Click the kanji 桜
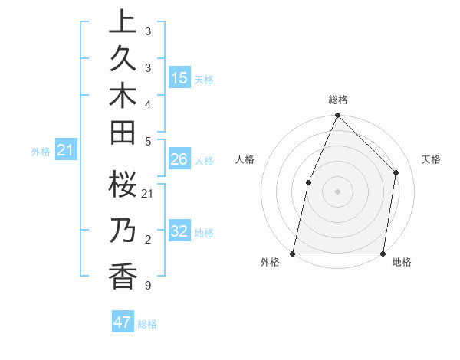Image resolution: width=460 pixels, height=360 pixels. click(123, 185)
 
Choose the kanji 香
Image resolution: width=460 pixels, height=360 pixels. click(123, 275)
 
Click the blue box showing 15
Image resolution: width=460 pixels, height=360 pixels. click(179, 78)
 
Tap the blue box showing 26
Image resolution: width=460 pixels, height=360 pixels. click(179, 159)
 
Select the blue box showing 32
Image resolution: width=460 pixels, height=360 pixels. click(179, 231)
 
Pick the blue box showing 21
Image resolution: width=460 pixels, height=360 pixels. click(66, 151)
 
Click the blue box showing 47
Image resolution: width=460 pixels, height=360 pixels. click(123, 322)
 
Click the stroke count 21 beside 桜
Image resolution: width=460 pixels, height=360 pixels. click(148, 194)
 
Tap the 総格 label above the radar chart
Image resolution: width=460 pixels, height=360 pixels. click(338, 100)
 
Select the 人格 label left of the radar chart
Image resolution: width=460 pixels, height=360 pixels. click(245, 159)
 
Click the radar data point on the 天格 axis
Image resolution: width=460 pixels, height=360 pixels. click(396, 172)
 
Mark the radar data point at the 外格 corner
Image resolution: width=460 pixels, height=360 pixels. click(293, 254)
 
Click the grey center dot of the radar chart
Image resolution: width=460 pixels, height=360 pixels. click(337, 191)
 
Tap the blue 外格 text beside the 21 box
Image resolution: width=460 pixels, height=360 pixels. click(41, 152)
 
